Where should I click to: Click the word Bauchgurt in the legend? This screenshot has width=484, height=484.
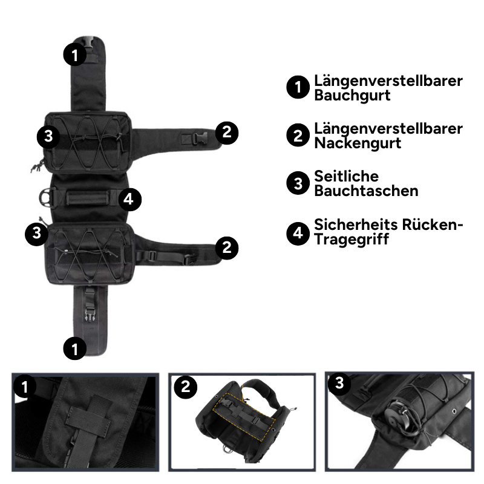352,95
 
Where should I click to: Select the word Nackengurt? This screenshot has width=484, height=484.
358,143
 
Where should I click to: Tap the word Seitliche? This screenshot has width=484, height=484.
346,176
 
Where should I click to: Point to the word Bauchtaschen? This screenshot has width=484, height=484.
367,191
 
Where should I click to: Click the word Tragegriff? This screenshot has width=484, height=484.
352,239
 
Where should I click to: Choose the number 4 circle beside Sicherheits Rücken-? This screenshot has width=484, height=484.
298,234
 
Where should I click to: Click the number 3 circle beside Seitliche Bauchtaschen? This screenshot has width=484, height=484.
298,183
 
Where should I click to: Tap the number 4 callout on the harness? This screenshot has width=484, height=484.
129,200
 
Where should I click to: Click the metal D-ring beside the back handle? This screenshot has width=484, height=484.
46,198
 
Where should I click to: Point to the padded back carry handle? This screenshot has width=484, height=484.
88,198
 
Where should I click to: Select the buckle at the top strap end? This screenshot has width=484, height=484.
89,42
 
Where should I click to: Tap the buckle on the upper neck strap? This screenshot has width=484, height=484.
200,139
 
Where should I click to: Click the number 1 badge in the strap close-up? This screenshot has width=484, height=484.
24,387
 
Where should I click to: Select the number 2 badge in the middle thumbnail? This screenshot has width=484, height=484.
186,387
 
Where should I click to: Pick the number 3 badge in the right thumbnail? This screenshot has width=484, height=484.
339,383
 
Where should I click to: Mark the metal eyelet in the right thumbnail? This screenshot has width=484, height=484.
454,411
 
